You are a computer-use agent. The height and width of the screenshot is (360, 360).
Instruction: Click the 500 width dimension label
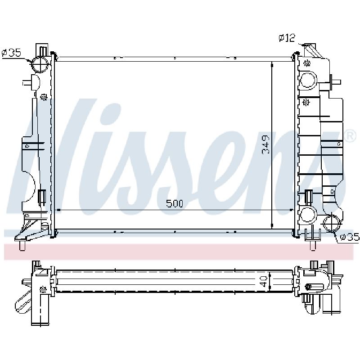tap(175, 203)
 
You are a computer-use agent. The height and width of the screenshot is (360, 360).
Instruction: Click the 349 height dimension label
tap(266, 144)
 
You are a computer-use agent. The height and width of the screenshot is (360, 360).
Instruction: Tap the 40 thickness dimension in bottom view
tap(264, 281)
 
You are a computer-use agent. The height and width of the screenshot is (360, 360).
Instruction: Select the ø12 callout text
tap(287, 38)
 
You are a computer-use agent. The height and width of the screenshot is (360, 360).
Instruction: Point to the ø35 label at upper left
tap(11, 53)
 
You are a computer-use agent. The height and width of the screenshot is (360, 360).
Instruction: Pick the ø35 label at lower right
tap(350, 237)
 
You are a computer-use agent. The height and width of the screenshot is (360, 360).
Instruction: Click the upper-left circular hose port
tap(40, 64)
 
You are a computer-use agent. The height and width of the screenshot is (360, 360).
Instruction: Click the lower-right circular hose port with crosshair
tap(332, 223)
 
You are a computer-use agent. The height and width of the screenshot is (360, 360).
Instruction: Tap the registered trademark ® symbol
tap(351, 136)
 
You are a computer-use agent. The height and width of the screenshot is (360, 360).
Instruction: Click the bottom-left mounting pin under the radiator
tap(22, 246)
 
